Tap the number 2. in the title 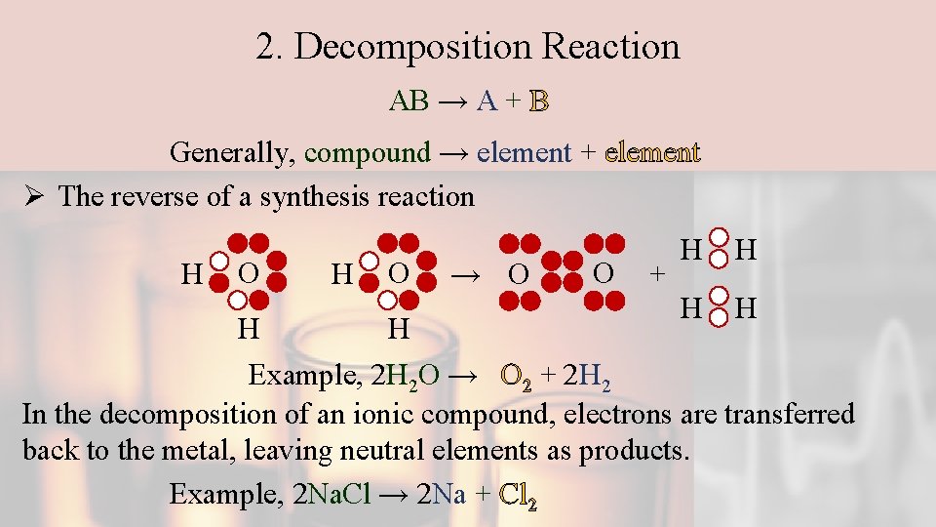click(x=269, y=47)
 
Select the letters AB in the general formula click(x=409, y=101)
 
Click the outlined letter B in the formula click(x=539, y=101)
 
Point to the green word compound click(x=367, y=152)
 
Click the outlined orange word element click(x=652, y=152)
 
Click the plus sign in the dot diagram click(x=659, y=274)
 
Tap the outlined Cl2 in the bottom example click(x=518, y=494)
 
